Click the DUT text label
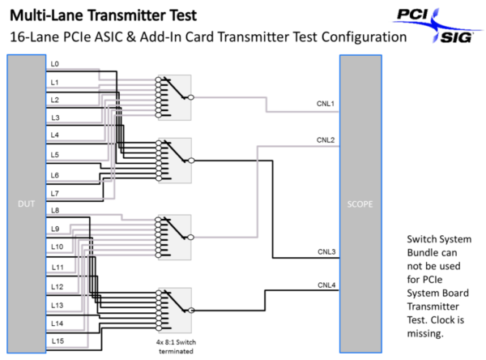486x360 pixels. tap(26, 204)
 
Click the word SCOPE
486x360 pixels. tap(360, 204)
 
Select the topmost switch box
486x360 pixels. tap(174, 97)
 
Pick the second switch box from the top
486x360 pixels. tap(174, 161)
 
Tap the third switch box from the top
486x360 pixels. tap(174, 237)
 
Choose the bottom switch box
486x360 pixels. tap(174, 310)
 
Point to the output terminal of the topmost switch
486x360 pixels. tap(190, 96)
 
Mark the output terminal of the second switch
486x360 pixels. tap(191, 161)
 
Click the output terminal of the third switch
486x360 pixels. tap(190, 237)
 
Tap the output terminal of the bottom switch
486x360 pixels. tap(191, 310)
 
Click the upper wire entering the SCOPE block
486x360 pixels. tap(308, 111)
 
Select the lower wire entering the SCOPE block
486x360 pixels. tap(300, 146)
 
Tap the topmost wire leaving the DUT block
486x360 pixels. tap(73, 69)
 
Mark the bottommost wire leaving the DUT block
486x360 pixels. tap(65, 347)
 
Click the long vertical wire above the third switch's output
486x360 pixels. tap(257, 195)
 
